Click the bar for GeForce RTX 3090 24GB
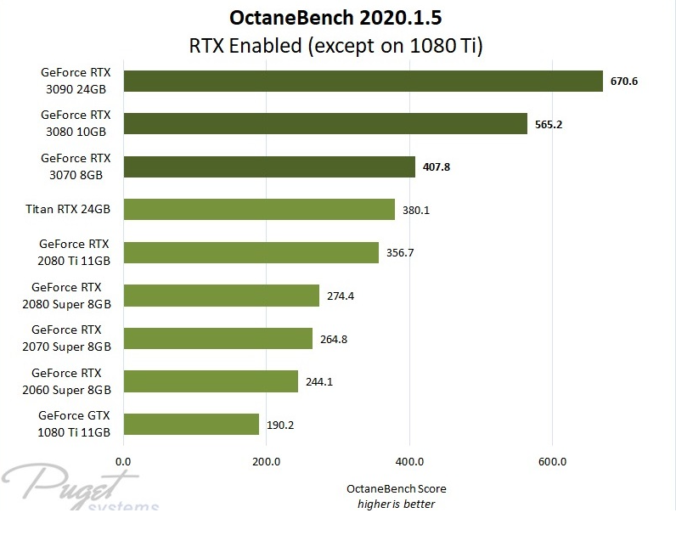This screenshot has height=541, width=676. pos(363,81)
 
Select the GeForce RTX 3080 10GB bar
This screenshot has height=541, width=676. pos(325,123)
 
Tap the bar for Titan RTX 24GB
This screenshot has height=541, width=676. pos(259,209)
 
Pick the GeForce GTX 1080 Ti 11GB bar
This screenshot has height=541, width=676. pos(191,424)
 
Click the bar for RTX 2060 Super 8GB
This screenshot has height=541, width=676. pos(211,381)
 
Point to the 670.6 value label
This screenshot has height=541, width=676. pos(624,82)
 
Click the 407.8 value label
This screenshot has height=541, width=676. pos(436,167)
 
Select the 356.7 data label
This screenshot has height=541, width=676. pos(399,253)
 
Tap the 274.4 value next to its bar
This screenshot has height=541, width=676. pos(341,296)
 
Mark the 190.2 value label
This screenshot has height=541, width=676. pos(280,425)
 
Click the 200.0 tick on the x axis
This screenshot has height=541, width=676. pos(267,462)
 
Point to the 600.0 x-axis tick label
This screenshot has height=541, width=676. pos(552,462)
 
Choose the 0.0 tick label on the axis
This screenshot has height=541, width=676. pos(124,462)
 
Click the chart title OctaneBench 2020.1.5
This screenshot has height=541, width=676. pos(337,18)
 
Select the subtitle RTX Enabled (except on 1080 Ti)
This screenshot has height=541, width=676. pos(337,46)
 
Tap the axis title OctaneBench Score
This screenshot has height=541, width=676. pos(396,489)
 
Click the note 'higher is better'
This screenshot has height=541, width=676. pos(396,504)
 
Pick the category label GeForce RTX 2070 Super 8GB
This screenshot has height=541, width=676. pos(71,338)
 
